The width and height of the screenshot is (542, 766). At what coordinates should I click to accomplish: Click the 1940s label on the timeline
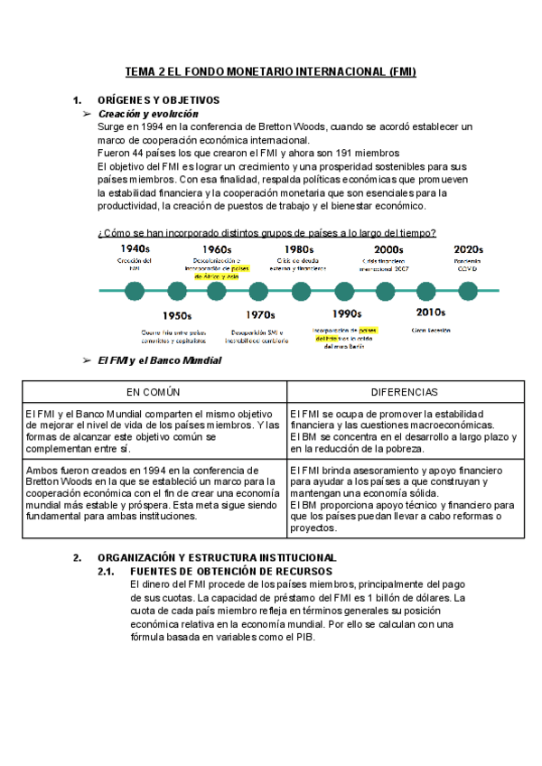[x=135, y=249]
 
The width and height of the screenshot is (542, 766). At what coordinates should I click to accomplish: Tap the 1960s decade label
[x=217, y=249]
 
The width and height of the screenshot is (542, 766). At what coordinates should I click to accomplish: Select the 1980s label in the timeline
[x=298, y=249]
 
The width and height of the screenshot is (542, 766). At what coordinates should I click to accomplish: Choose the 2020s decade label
[x=468, y=249]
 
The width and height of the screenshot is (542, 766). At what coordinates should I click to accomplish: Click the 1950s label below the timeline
[x=177, y=315]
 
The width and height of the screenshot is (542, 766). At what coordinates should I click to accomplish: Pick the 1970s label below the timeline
[x=259, y=315]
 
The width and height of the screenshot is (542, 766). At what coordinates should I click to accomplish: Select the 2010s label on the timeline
[x=430, y=313]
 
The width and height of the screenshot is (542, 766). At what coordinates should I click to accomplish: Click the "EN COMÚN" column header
[x=154, y=392]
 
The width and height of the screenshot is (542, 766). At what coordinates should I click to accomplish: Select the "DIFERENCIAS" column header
[x=404, y=392]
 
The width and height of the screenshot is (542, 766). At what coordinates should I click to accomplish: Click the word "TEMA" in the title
[x=139, y=71]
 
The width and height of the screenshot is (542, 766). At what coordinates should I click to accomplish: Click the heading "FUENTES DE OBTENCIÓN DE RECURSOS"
[x=231, y=572]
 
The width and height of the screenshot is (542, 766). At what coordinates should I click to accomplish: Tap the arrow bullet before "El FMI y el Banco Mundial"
[x=87, y=360]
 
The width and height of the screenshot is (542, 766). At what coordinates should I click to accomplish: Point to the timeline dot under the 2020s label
[x=468, y=290]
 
